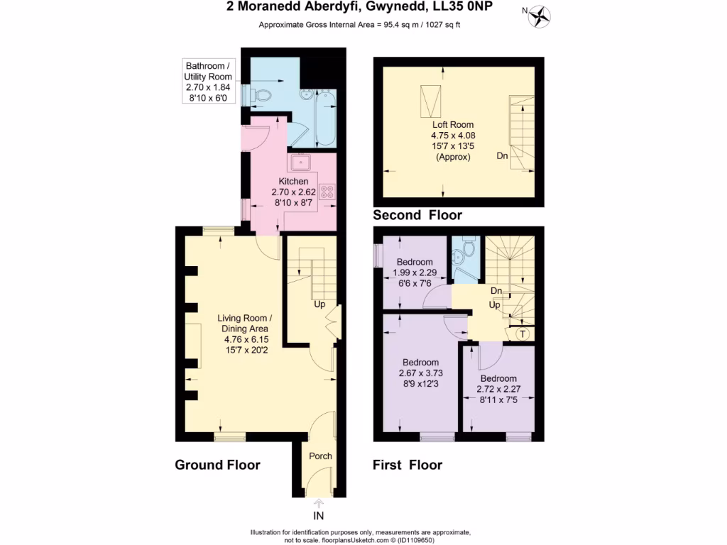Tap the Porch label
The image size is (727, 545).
tap(320, 456)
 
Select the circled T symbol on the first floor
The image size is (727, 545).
tap(523, 334)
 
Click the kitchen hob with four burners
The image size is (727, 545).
tap(328, 191)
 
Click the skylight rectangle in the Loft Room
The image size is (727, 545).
tap(429, 101)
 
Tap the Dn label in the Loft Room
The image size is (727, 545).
tap(502, 155)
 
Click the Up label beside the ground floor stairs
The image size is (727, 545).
tap(319, 304)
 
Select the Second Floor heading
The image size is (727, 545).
tap(417, 215)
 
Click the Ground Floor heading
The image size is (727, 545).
tap(217, 466)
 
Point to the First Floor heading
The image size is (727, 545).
tap(408, 466)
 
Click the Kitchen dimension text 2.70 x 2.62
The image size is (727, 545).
tap(292, 192)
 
